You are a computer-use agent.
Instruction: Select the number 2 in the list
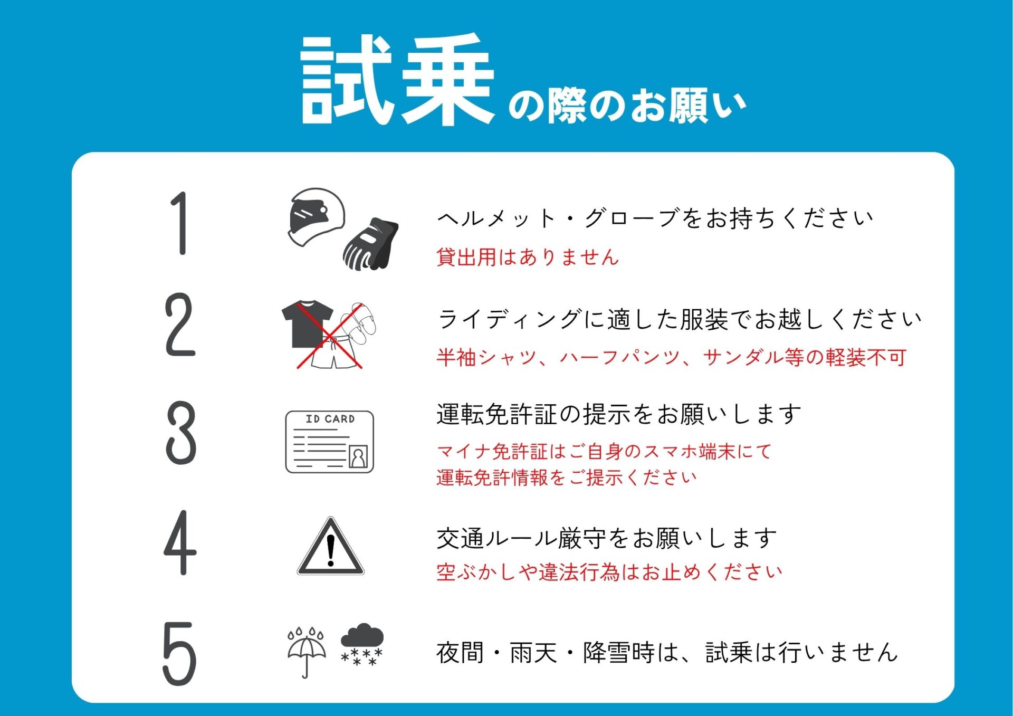coord(180,324)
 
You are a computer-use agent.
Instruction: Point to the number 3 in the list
coord(181,433)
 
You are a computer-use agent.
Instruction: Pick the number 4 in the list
coord(180,542)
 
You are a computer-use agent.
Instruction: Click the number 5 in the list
coord(179,653)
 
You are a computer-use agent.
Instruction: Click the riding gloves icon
coord(370,244)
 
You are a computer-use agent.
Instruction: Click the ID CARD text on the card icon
coord(330,419)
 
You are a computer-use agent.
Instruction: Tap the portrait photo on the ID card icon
coord(358,457)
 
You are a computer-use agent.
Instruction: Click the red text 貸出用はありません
coord(528,257)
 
